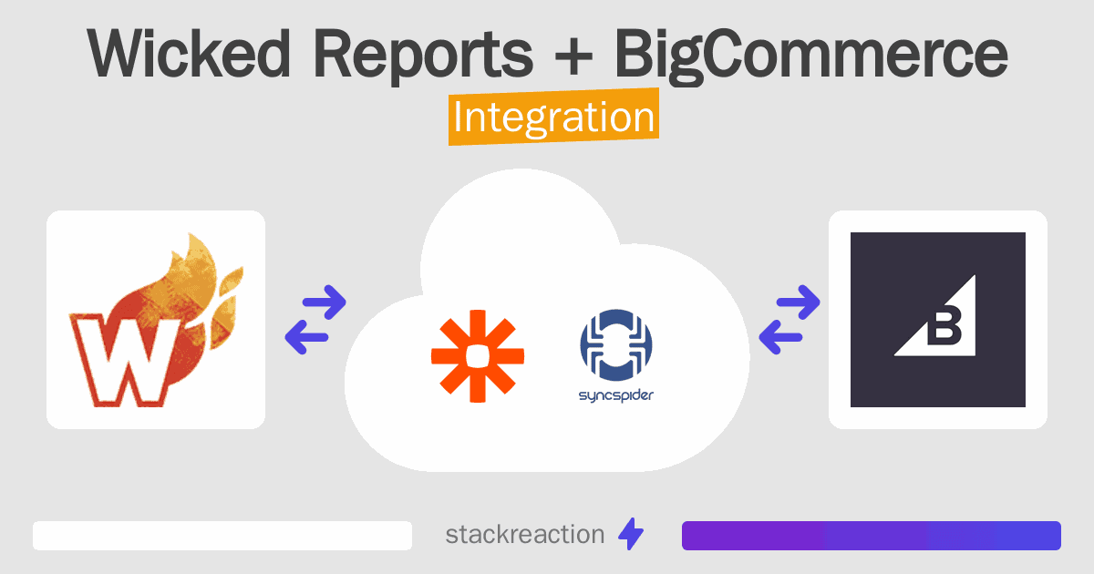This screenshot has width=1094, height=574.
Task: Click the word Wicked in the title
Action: click(189, 54)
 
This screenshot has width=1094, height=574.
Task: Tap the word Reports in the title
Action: click(423, 57)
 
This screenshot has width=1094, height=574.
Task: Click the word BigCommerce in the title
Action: click(810, 57)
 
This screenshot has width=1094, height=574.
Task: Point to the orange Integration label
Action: click(554, 117)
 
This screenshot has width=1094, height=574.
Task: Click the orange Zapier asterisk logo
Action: click(478, 356)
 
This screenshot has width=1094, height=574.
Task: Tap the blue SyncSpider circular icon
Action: click(616, 345)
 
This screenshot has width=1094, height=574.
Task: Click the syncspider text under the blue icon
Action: click(616, 395)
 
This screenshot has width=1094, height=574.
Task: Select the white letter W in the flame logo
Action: click(125, 361)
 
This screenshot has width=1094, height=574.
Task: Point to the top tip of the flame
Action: click(191, 234)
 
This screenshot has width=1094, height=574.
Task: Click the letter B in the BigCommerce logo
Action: click(944, 326)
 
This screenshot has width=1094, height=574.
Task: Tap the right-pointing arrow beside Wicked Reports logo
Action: click(325, 302)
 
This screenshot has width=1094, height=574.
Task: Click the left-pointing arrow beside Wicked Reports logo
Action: click(306, 337)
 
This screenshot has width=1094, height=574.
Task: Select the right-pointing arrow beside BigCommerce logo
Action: click(798, 302)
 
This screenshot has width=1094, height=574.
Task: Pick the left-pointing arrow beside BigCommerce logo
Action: click(780, 337)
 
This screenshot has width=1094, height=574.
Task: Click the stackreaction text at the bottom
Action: click(525, 535)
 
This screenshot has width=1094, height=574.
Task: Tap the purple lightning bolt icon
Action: click(631, 534)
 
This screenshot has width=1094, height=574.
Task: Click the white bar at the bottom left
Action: click(222, 536)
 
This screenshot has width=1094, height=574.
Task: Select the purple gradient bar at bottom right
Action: click(872, 536)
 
